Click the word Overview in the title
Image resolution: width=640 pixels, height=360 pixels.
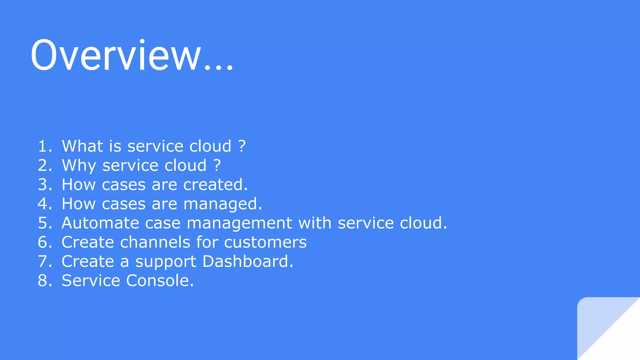point(116,56)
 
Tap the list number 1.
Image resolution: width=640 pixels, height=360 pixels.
point(43,146)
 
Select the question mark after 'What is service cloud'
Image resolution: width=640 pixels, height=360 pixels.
point(242,146)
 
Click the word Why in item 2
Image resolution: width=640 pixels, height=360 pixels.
point(79,165)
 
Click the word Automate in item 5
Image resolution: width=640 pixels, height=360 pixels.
point(100,223)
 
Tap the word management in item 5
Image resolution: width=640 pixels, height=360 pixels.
point(239,223)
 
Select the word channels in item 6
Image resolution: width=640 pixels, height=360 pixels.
point(155,242)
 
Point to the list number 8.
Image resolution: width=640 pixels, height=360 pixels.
point(43,281)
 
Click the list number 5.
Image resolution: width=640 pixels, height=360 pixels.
point(43,223)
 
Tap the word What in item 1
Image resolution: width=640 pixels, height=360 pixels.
point(82,146)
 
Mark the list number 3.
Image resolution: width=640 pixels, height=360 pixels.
point(43,184)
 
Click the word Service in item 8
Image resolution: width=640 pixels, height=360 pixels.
point(91,281)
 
